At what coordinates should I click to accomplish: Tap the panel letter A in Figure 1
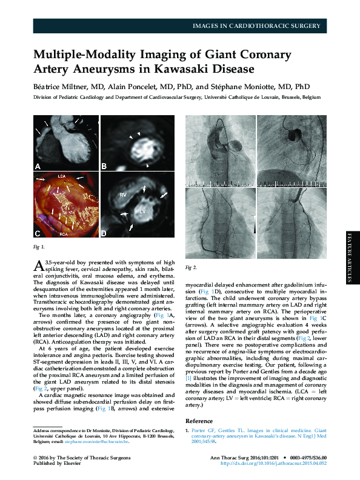[38, 166]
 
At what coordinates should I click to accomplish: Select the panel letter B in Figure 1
[104, 166]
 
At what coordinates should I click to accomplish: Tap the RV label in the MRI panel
[122, 195]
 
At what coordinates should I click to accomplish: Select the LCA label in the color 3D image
[61, 176]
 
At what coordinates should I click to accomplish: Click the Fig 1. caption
[39, 247]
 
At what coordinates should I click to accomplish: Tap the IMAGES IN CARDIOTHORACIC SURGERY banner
[256, 25]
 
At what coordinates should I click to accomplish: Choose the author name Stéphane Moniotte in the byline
[245, 86]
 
